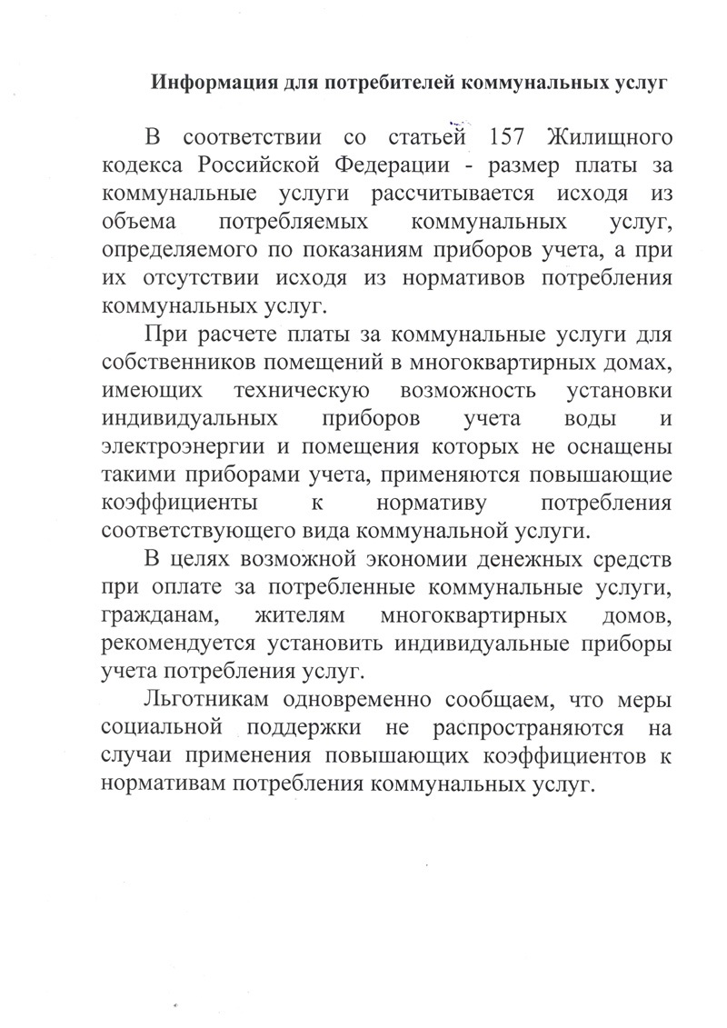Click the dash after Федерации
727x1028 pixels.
click(483, 169)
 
